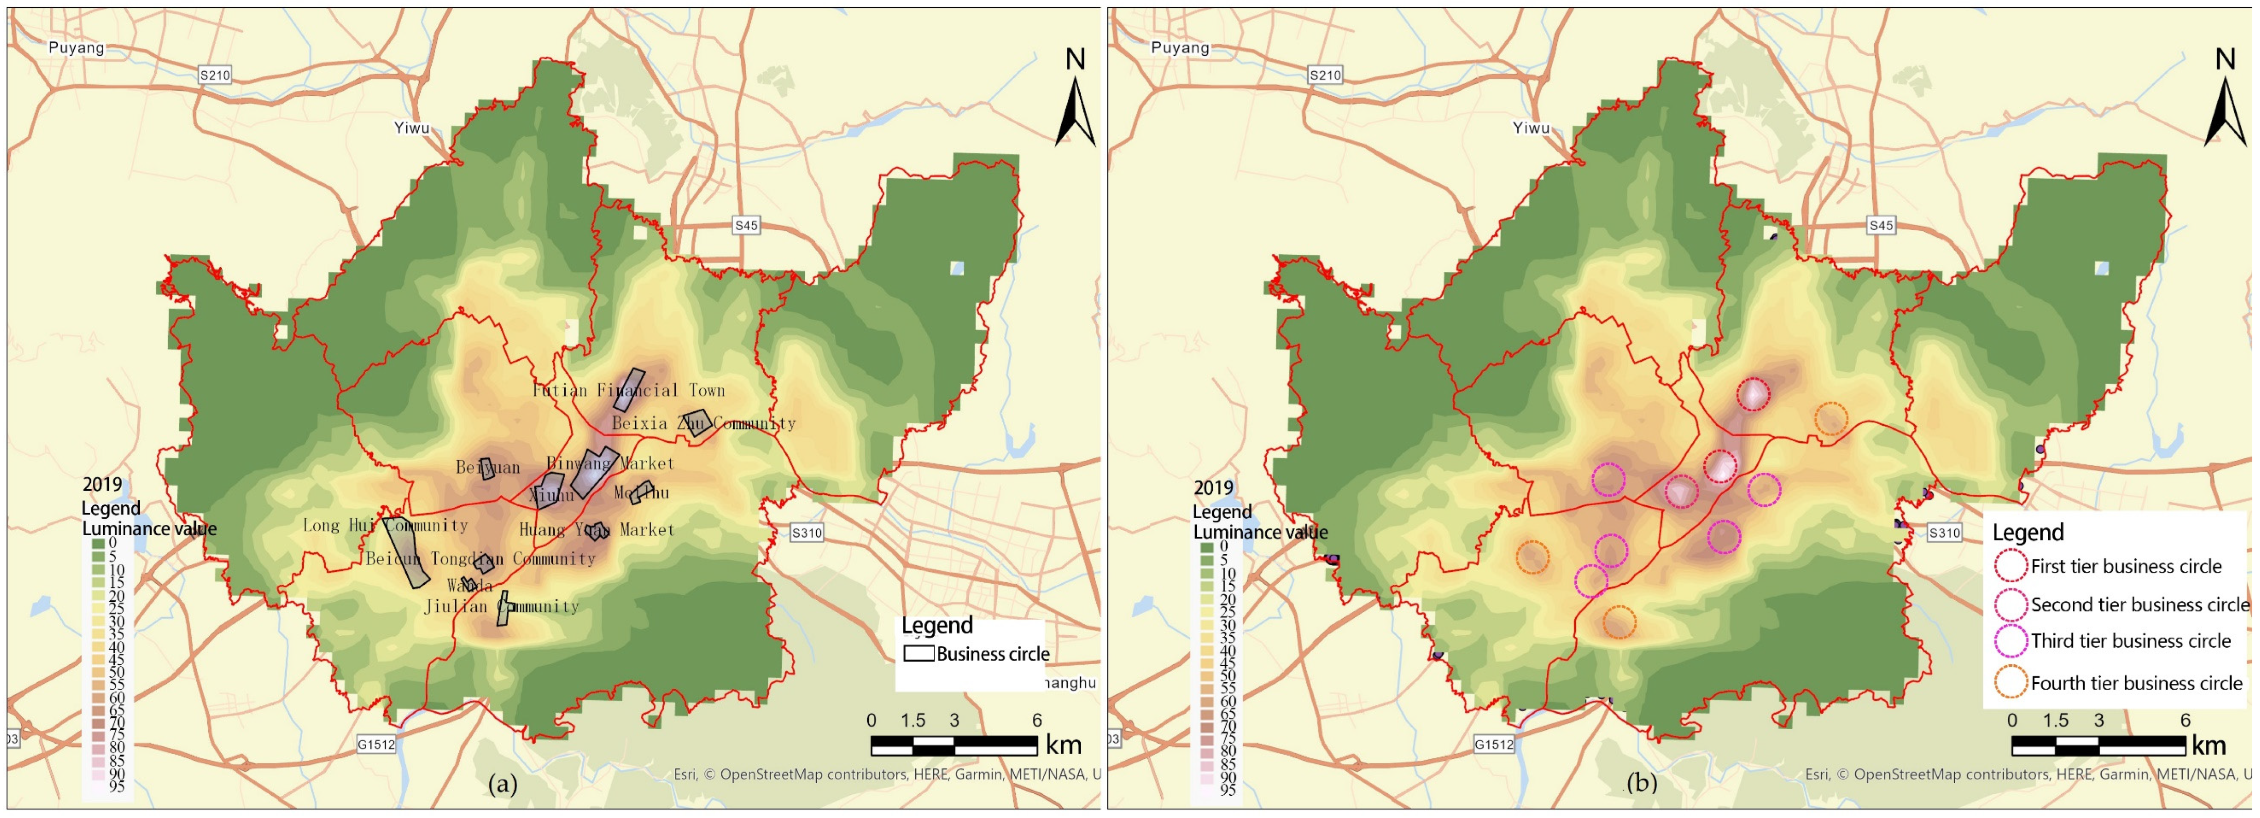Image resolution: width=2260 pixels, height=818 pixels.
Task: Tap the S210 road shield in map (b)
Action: (x=1325, y=75)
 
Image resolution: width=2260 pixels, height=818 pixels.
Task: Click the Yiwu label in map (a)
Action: (x=411, y=128)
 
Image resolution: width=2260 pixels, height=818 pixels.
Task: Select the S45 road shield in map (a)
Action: (x=746, y=226)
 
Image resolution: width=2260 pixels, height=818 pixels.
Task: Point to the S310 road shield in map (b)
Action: (x=1944, y=533)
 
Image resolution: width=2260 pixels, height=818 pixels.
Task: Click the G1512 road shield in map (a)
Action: (x=376, y=744)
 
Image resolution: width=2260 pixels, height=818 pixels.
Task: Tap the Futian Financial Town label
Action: (x=628, y=391)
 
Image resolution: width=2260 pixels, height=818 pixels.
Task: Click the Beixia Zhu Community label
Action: (x=704, y=424)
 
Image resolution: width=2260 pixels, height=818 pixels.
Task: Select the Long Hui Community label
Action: (x=385, y=526)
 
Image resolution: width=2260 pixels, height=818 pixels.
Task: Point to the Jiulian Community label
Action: (x=502, y=606)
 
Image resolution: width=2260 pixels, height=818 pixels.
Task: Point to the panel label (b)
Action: (x=1641, y=784)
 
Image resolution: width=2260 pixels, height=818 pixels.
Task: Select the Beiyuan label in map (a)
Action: (x=488, y=468)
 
